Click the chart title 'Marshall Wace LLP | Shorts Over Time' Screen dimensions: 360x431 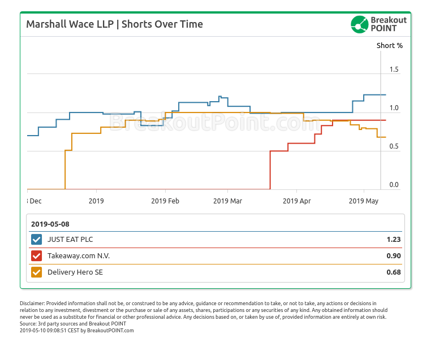tap(115, 24)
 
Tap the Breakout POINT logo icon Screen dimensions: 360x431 tap(359, 24)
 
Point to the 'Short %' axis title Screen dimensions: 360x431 tap(390, 45)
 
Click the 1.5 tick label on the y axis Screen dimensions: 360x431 tap(394, 70)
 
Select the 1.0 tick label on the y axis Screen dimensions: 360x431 tap(394, 108)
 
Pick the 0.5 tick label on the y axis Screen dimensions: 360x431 tap(394, 146)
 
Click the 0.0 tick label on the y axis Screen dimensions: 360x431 tap(394, 185)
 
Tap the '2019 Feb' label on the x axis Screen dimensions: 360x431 tap(165, 201)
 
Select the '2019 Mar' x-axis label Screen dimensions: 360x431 tap(228, 201)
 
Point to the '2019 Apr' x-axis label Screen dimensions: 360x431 tap(297, 201)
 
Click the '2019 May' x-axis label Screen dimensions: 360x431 tap(364, 201)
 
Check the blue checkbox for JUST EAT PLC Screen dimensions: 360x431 tap(37, 240)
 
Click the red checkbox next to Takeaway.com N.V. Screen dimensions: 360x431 tap(37, 256)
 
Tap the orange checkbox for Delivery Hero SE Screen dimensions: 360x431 tap(37, 272)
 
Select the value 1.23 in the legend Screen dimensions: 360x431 tap(394, 240)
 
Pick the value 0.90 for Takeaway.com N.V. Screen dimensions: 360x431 tap(394, 256)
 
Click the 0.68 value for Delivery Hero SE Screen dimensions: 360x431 tap(394, 272)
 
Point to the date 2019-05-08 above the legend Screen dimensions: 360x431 tap(50, 224)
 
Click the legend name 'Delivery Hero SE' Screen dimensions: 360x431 tap(75, 272)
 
